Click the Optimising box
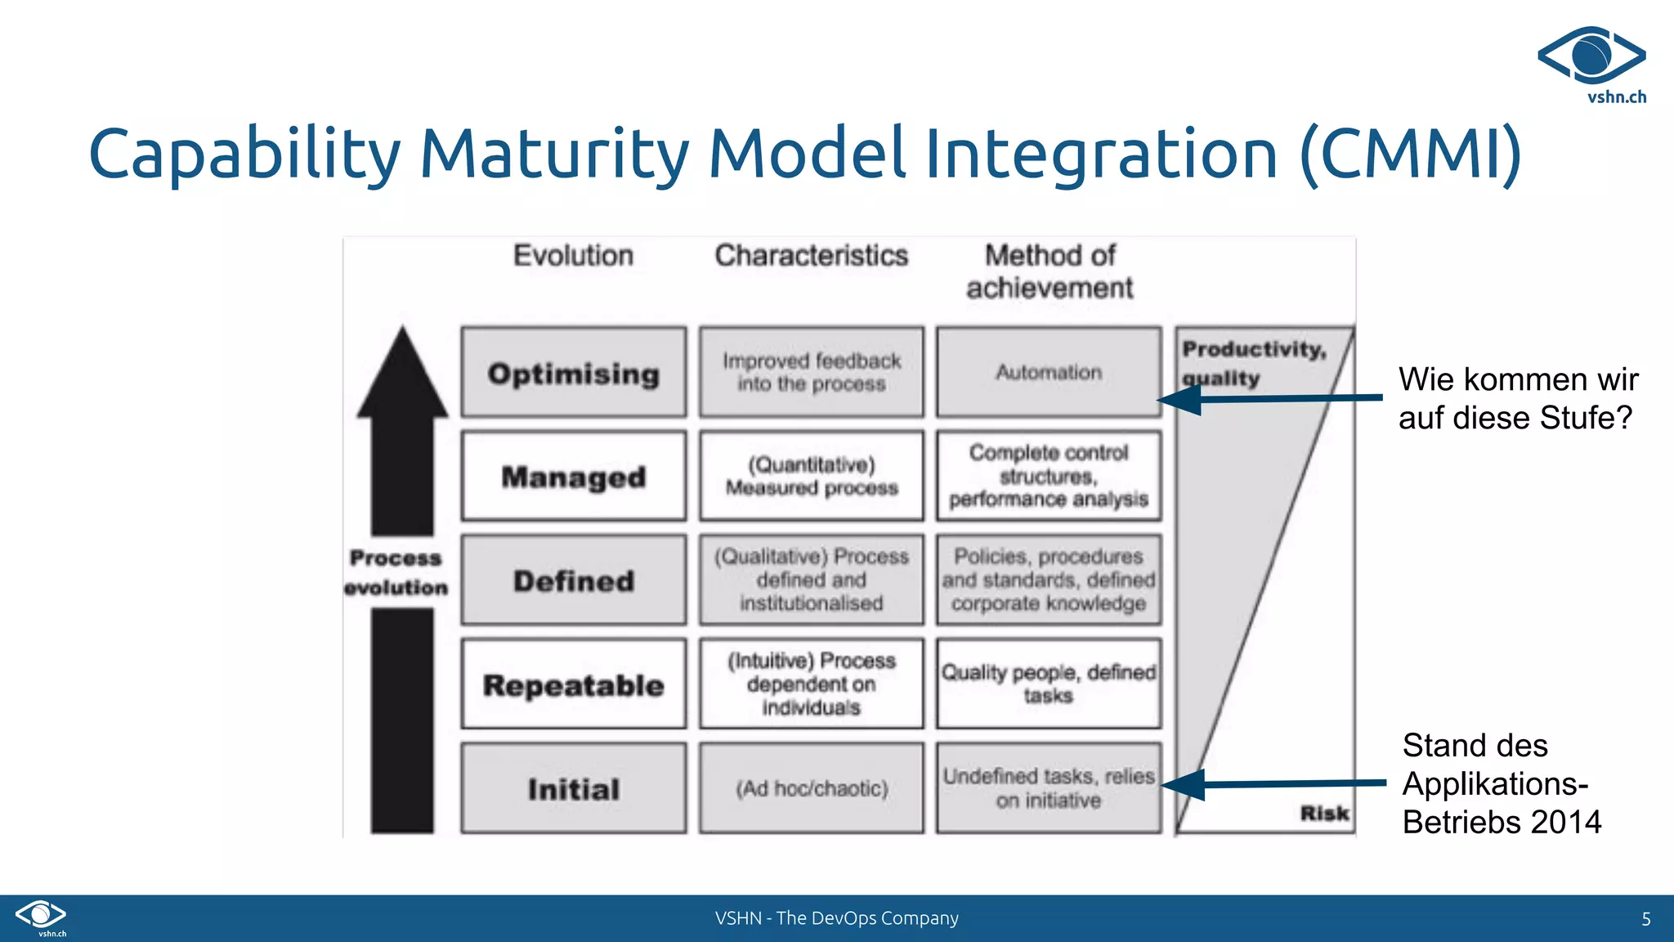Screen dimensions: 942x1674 point(573,373)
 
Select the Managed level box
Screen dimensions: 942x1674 point(573,476)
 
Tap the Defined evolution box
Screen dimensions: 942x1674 point(573,581)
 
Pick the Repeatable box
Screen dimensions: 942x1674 point(573,684)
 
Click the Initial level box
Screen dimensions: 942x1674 point(573,788)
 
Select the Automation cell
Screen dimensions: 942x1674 point(1049,373)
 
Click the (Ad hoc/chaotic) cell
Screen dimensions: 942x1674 point(812,788)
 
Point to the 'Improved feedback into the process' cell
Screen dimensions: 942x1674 point(812,373)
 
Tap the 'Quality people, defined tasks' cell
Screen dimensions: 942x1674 point(1049,684)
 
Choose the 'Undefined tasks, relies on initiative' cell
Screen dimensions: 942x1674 point(1049,788)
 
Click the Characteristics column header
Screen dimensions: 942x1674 point(812,256)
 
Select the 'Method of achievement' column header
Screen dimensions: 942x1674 point(1050,271)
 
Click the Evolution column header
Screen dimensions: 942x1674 point(573,256)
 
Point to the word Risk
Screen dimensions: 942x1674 point(1324,813)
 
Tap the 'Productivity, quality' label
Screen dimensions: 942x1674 point(1253,363)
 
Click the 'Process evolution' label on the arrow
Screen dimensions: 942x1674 point(396,572)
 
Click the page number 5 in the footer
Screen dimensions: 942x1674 point(1646,919)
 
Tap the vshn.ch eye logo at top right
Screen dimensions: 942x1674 point(1591,56)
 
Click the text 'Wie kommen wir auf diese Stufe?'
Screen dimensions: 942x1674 point(1517,398)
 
